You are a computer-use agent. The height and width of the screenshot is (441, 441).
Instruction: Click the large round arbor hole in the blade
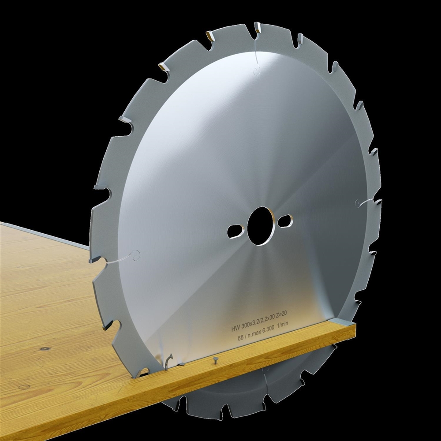[x=261, y=226]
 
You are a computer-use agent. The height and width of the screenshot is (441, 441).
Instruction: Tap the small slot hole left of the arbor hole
[x=235, y=229]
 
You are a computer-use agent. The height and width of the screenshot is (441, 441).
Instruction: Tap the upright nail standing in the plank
[x=215, y=359]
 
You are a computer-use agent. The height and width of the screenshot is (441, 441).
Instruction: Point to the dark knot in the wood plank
[x=44, y=348]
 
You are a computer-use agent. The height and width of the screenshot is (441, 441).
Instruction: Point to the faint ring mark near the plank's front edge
[x=24, y=387]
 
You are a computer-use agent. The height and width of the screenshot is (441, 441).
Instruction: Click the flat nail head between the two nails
[x=181, y=364]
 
